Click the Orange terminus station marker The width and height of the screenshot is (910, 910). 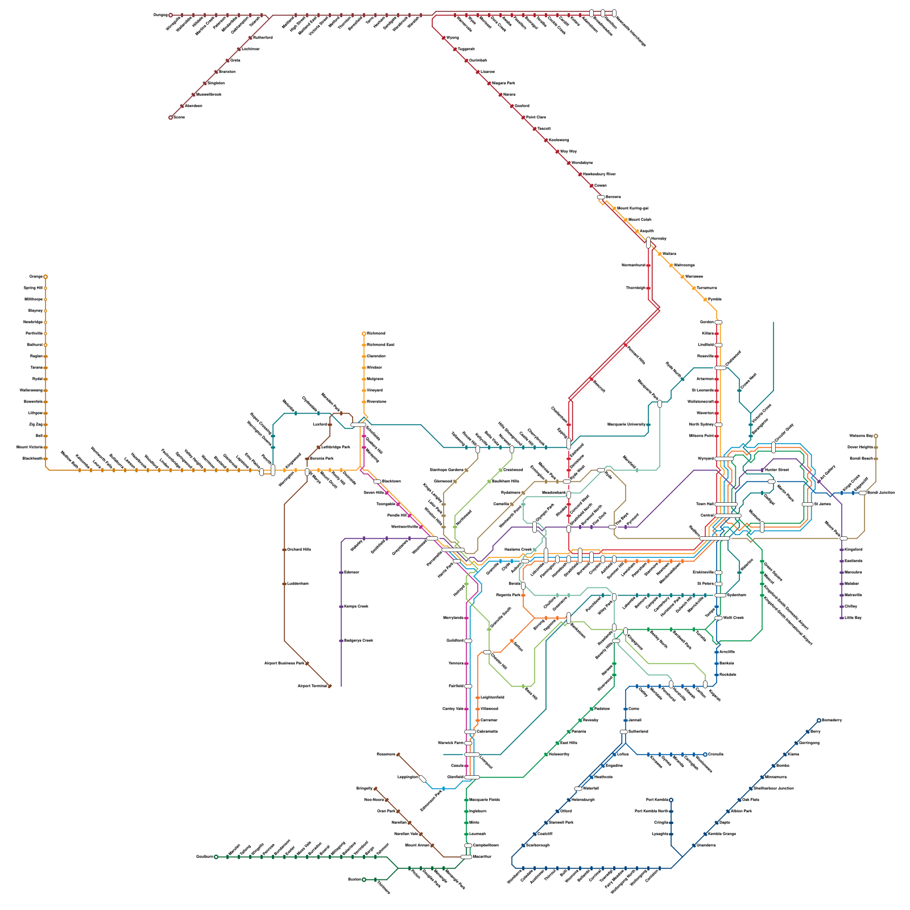tap(45, 277)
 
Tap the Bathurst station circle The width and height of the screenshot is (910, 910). tap(45, 345)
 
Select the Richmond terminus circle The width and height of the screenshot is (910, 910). tap(364, 334)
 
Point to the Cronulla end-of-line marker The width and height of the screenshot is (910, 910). tap(705, 755)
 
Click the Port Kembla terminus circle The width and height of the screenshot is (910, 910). tap(671, 800)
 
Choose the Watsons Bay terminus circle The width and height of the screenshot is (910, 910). tap(876, 436)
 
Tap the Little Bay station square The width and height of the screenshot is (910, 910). tap(842, 618)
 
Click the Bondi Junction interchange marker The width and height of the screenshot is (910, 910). tap(862, 493)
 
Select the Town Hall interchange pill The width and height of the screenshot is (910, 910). tap(726, 504)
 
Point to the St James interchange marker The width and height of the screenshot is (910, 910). tap(807, 504)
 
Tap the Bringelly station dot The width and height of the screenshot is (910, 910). tap(375, 789)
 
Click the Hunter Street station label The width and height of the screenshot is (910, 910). tap(777, 470)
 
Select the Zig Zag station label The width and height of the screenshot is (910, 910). tap(36, 425)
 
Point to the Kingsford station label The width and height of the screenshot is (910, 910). tap(853, 550)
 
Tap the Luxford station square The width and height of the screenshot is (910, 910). tap(330, 425)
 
